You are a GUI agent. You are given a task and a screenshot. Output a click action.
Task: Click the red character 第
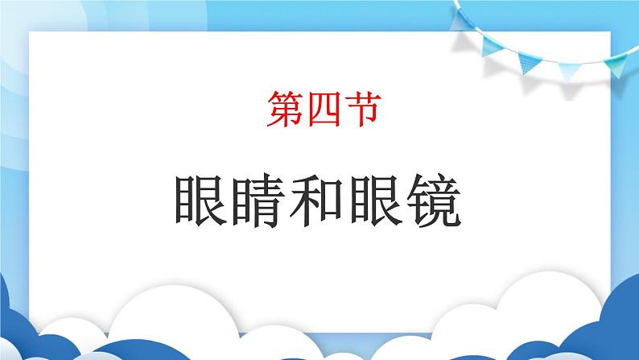point(285,109)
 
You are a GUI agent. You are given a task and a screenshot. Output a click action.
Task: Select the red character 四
point(324,109)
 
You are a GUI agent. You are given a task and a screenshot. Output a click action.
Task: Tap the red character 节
point(363,109)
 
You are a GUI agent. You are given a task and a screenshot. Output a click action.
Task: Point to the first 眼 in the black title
point(201,201)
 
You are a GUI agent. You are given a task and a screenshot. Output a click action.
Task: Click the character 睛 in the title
point(259,201)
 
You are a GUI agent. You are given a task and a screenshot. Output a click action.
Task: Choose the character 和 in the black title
point(316,201)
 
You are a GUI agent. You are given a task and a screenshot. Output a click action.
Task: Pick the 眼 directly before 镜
point(376,201)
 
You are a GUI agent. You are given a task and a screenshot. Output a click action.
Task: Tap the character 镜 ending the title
point(434,201)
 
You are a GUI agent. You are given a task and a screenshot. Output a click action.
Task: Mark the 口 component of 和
point(331,201)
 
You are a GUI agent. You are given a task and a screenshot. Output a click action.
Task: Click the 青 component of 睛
point(268,201)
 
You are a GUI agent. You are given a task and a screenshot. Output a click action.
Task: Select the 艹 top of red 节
point(363,97)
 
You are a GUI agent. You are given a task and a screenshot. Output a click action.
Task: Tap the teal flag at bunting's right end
point(616,65)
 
